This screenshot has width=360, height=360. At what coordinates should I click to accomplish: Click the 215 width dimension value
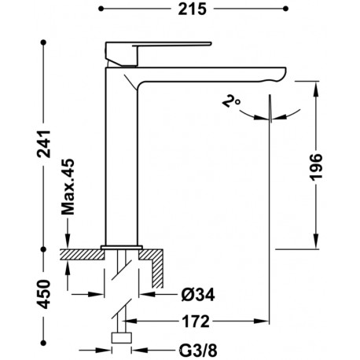pos(193,9)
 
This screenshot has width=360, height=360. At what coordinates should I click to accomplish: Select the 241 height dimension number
pos(44,144)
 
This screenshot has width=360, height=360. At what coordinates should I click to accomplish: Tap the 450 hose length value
pos(44,294)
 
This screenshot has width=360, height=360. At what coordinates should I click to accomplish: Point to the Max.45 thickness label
pos(68,187)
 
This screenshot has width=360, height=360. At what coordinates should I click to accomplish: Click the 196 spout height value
pos(316,167)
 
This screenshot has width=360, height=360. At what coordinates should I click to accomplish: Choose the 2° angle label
pos(231,101)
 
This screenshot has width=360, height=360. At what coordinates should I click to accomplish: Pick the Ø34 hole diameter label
pos(198,295)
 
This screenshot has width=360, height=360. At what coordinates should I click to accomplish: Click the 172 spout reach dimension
pos(196,321)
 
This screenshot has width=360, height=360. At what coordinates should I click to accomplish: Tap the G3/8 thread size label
pos(198,351)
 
